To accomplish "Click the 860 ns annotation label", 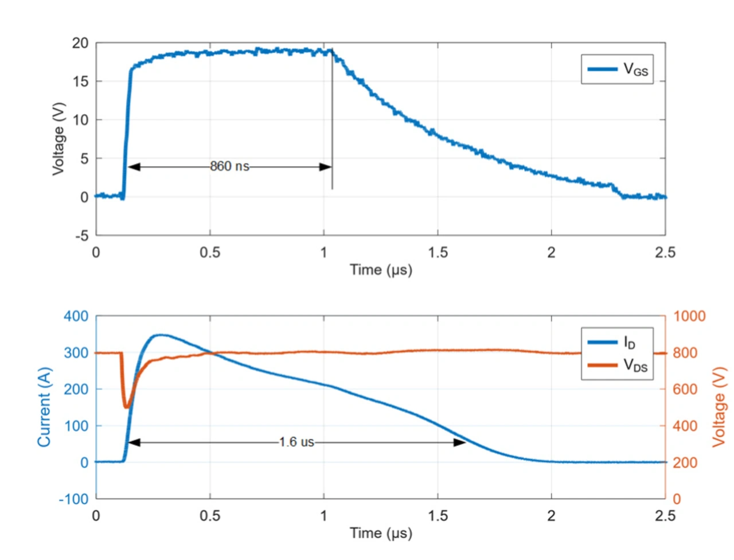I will tap(229, 166).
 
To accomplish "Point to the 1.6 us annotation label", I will tap(296, 442).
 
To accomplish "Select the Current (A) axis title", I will tap(44, 407).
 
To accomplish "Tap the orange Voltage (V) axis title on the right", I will tap(719, 407).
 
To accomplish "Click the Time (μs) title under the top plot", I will tap(381, 270).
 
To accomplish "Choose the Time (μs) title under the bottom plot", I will tap(381, 533).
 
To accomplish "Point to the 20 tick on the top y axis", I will tap(80, 43).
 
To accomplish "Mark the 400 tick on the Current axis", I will tap(76, 316).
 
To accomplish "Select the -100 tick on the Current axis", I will tap(74, 499).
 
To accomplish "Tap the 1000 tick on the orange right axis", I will tap(689, 316).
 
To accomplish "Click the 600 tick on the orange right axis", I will tap(685, 389).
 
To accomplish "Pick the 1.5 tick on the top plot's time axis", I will tap(438, 252).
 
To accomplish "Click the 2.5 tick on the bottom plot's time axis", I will tap(665, 515).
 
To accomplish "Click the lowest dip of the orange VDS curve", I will tap(126, 407).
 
